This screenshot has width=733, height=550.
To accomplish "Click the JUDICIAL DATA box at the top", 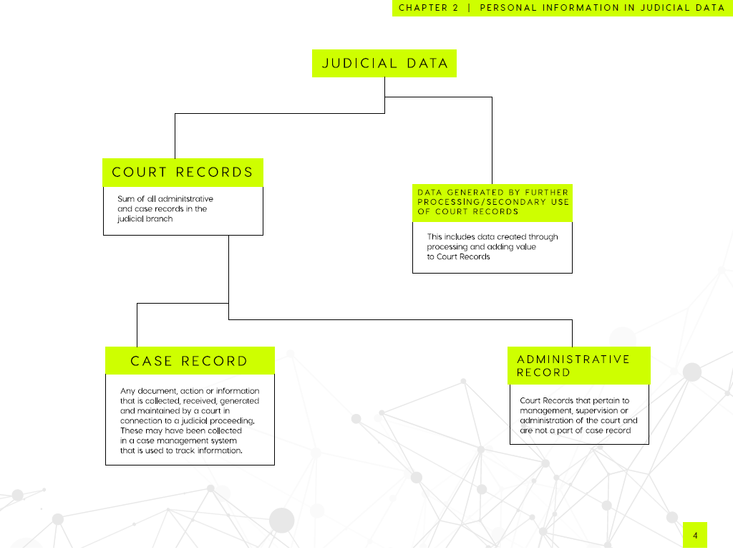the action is point(384,63).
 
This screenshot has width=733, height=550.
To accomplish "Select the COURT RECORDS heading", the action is point(183,173).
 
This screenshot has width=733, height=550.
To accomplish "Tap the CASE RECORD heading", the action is point(190,361).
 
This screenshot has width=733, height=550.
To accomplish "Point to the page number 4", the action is point(695,536).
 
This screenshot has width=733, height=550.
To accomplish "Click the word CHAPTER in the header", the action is point(422,7).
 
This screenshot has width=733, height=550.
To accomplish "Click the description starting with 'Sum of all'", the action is point(165,208).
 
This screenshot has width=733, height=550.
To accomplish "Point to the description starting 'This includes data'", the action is point(492,246).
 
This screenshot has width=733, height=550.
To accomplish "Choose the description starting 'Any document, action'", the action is point(189,420).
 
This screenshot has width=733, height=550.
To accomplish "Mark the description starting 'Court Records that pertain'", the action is point(578,415).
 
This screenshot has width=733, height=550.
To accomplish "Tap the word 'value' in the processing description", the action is point(525,246).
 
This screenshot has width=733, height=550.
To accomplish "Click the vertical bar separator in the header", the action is point(469,7).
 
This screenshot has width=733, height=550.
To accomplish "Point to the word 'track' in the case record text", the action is point(185,450).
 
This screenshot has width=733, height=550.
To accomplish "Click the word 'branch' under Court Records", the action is point(160,219).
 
